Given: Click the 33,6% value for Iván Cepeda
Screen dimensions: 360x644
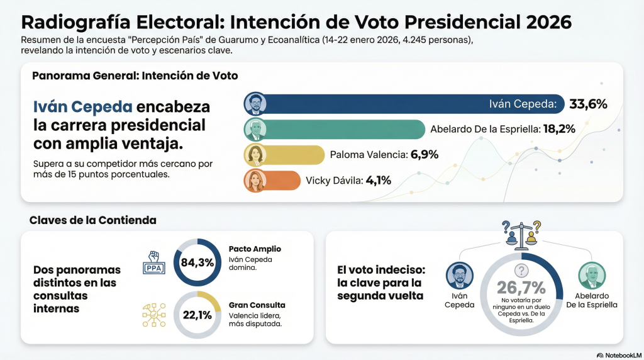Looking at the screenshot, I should tap(588, 104).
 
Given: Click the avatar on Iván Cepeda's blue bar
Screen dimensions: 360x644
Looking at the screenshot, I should tap(255, 104).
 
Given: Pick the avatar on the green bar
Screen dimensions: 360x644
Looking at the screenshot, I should tap(255, 129).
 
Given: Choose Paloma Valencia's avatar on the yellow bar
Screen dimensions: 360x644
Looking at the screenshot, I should tap(255, 155).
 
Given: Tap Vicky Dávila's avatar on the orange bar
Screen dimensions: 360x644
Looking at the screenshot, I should tap(255, 181).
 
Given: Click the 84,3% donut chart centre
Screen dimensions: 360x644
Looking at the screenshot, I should tap(197, 262).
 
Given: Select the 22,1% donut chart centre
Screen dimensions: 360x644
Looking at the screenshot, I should tap(197, 315).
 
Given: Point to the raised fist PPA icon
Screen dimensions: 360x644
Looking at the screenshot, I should tap(155, 262).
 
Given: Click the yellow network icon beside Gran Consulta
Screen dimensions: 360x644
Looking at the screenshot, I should tap(154, 315).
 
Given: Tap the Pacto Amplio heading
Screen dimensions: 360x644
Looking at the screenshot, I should tap(255, 249).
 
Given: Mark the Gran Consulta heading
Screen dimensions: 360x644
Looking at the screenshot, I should tap(257, 305).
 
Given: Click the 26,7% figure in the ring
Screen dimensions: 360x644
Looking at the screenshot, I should tap(521, 288).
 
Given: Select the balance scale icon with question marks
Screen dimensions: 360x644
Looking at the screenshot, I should tap(522, 234).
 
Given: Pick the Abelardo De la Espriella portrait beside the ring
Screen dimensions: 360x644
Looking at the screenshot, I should tap(591, 275).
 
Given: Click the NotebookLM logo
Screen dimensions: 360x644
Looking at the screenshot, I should tap(618, 355).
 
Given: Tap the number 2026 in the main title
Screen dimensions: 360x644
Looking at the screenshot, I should tap(545, 22).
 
